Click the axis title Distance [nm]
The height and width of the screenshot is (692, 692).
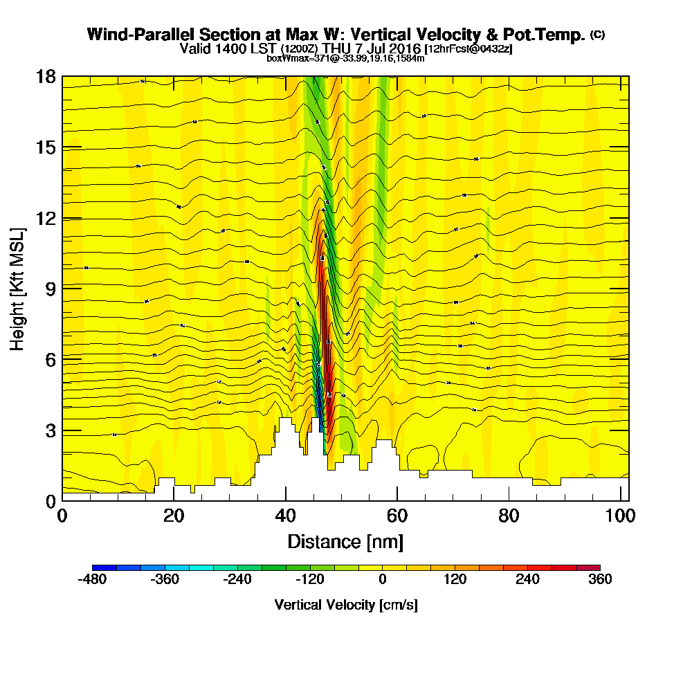(x=345, y=541)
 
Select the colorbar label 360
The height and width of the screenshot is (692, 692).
(x=600, y=580)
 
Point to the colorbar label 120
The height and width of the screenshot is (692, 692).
(x=455, y=580)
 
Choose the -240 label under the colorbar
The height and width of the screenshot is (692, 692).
(x=237, y=580)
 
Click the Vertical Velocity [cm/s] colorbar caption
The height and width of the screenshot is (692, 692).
(x=345, y=605)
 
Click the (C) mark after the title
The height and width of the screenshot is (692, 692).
(x=597, y=34)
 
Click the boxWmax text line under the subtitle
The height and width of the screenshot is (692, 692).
(x=345, y=58)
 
